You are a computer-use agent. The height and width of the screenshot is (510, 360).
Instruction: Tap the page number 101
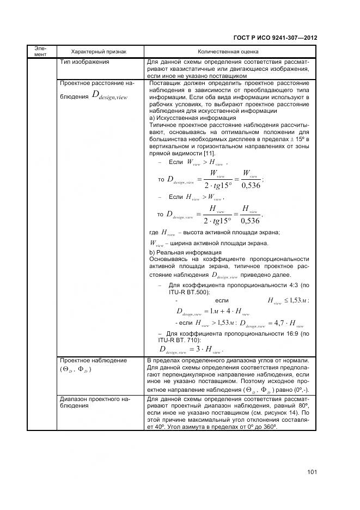[312, 471]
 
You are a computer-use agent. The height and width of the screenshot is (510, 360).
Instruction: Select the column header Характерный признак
[99, 52]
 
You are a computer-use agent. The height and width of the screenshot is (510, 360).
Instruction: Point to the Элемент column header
[42, 51]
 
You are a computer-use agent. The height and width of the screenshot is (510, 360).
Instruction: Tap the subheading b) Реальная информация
[185, 252]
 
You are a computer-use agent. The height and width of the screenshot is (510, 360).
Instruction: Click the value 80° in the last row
[304, 406]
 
